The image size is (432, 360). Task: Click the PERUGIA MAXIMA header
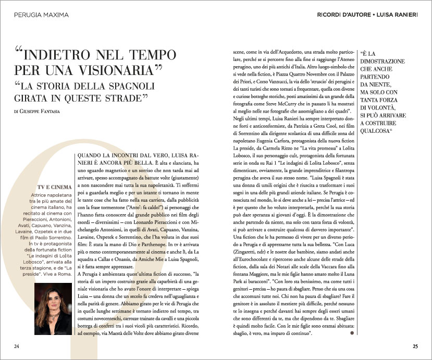[41, 15]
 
